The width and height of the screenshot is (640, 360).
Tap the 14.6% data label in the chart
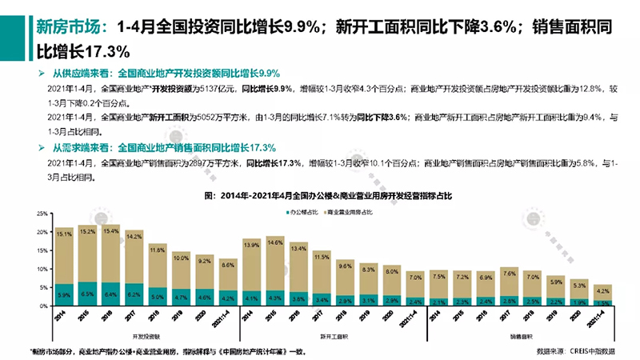275,241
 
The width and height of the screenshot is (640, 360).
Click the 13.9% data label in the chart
251,243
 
